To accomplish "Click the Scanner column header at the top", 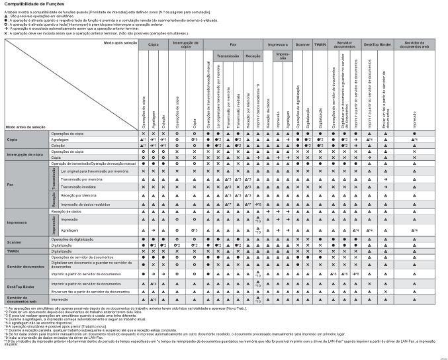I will [302, 43].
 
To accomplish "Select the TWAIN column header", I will [320, 43].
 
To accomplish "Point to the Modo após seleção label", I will [120, 42].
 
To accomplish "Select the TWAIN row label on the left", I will [13, 251].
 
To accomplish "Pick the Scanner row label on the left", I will [15, 242].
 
